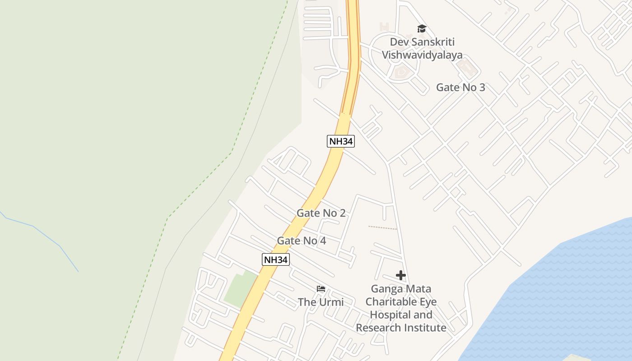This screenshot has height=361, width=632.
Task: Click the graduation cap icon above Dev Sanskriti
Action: (x=422, y=29)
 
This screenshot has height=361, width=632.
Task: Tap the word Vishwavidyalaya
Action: (x=422, y=55)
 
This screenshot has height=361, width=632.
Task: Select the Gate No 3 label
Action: (x=460, y=88)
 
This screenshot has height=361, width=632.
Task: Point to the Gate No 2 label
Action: (x=321, y=213)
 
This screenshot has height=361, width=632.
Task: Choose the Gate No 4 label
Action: (x=302, y=241)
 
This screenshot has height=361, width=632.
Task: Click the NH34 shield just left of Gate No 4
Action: (x=275, y=259)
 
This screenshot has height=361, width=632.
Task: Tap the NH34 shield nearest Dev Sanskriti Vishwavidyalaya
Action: (x=340, y=141)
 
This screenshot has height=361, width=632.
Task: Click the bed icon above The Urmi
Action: (x=321, y=289)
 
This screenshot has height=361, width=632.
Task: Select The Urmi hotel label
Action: (x=321, y=302)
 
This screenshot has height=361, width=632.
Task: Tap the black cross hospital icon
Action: (x=400, y=275)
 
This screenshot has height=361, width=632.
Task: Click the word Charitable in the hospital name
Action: (x=401, y=302)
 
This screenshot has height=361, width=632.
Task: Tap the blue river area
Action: (x=564, y=293)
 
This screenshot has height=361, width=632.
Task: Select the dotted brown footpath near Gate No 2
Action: (x=382, y=227)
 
